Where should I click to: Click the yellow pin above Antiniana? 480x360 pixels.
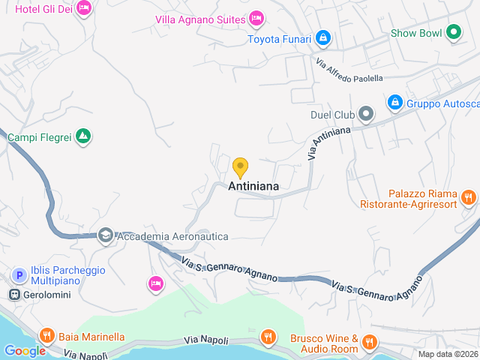240,166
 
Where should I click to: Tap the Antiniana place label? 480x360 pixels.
253,186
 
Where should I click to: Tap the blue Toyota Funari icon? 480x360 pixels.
322,37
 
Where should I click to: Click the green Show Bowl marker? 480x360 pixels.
453,32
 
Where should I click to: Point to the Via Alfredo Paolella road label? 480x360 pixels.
349,70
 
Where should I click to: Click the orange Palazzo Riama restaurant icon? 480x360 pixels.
469,198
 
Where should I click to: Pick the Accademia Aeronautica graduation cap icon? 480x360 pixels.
106,235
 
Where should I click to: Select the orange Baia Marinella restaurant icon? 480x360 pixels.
46,337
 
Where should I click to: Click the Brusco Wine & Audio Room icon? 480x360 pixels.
368,343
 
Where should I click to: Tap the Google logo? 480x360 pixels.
25,350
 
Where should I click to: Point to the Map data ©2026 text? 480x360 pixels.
448,354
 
